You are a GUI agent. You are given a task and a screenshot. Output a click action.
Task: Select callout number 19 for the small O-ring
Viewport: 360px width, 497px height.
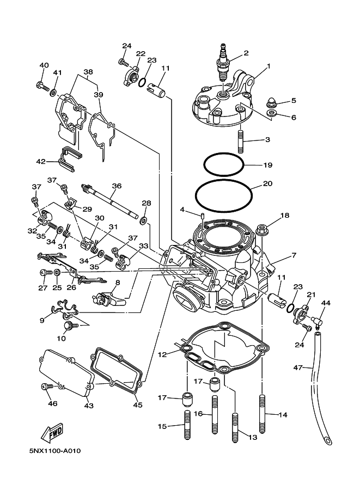coord(267,165)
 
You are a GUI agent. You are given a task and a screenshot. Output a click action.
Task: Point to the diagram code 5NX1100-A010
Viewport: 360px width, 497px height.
coord(56,451)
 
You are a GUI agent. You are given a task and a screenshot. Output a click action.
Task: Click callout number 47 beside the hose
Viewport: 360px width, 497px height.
coord(297,369)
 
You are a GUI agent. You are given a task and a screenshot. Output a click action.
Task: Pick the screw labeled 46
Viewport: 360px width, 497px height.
coord(45,386)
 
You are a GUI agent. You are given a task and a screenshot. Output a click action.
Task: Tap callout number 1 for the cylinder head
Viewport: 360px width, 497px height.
coord(267,68)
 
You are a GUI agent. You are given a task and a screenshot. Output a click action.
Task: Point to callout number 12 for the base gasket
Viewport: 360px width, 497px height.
coord(162,354)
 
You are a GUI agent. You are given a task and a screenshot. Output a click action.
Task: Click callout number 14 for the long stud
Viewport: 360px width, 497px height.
coord(282,415)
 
